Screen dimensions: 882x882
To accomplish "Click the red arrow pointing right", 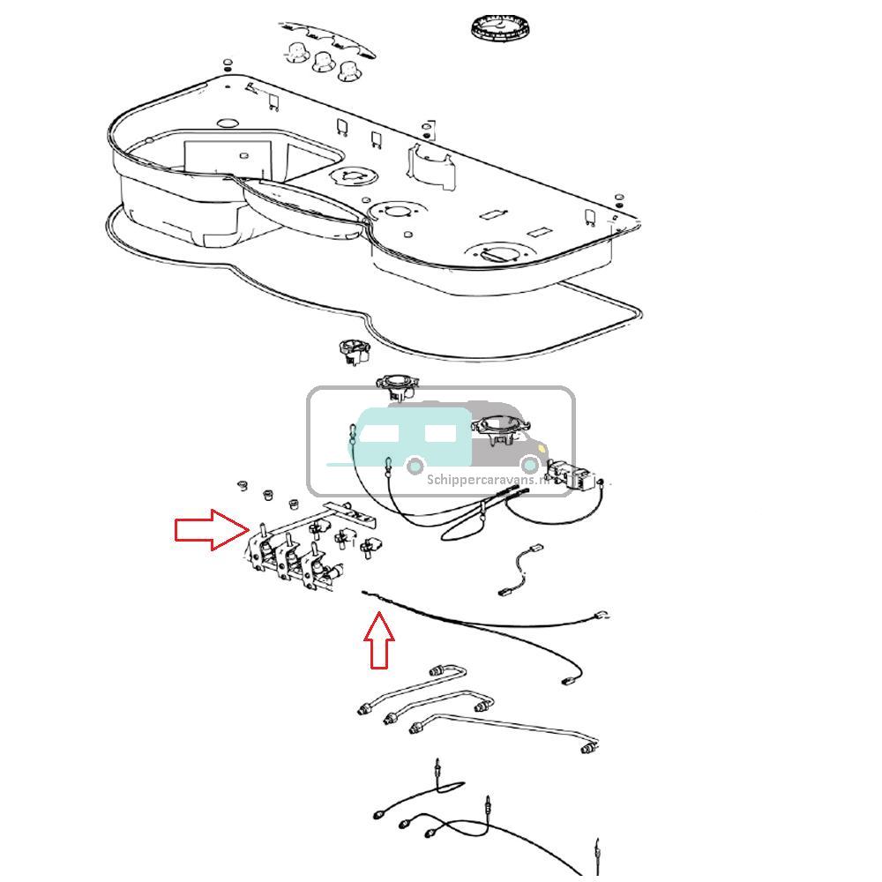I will coord(210,529).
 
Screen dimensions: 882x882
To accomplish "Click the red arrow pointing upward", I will coord(379,641).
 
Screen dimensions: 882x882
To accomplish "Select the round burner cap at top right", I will coord(498,26).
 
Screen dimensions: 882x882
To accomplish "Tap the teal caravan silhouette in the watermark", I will coord(410,437).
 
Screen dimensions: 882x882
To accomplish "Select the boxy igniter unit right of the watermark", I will coord(569,474).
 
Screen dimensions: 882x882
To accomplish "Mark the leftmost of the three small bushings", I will coord(241,485).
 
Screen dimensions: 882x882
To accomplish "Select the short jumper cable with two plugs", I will coord(521,573).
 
